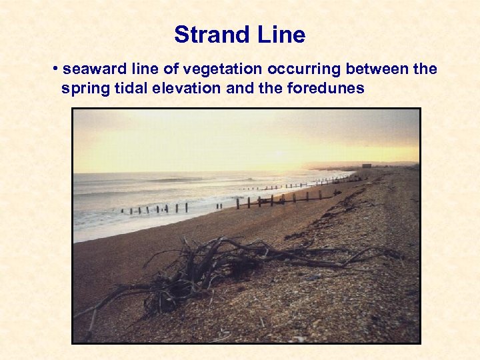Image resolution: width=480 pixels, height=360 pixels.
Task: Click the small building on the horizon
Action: [x=367, y=165]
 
